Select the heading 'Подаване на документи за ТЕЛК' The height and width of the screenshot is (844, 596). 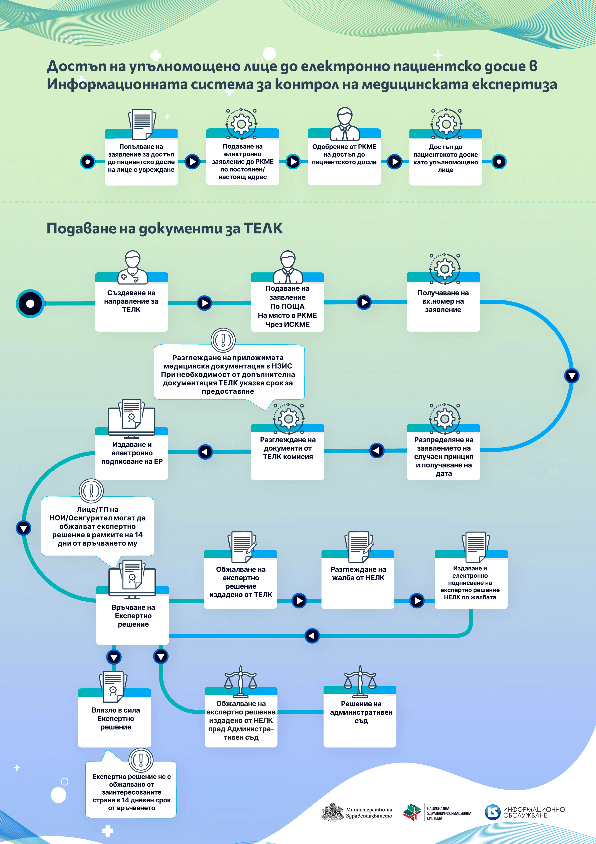(x=164, y=228)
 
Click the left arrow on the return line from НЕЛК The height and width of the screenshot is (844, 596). (x=312, y=636)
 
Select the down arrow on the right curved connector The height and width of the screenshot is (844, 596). (x=571, y=376)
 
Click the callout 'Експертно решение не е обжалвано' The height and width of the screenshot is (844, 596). (x=131, y=792)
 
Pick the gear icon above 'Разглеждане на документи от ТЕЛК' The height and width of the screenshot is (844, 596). (x=288, y=418)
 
